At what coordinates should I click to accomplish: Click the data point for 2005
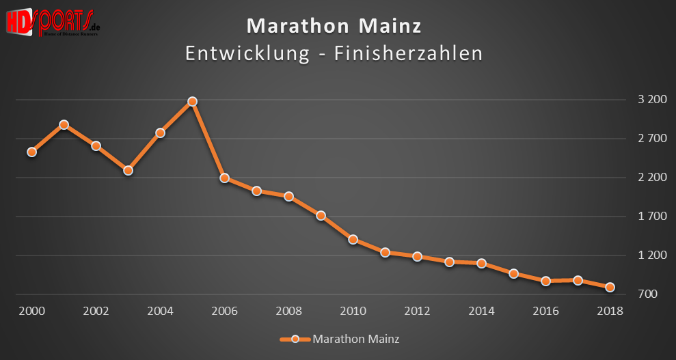tap(192, 101)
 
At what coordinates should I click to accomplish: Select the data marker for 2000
tap(31, 152)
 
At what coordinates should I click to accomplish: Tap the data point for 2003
tap(128, 170)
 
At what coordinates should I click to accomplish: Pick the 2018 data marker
tap(610, 288)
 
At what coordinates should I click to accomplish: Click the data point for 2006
tap(224, 178)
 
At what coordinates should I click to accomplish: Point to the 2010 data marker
tap(353, 239)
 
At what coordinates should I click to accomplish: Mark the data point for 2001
tap(64, 124)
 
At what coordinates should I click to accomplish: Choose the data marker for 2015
tap(513, 273)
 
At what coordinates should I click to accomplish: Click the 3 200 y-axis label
tap(651, 100)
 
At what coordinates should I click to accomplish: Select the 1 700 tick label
tap(651, 217)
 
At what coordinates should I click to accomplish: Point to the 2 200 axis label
tap(651, 178)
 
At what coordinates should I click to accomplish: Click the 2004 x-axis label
tap(160, 311)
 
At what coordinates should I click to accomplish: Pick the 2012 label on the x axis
tap(417, 311)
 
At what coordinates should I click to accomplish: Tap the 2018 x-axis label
tap(610, 311)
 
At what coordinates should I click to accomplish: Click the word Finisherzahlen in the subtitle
tap(408, 53)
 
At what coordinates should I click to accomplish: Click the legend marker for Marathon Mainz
tap(295, 339)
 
